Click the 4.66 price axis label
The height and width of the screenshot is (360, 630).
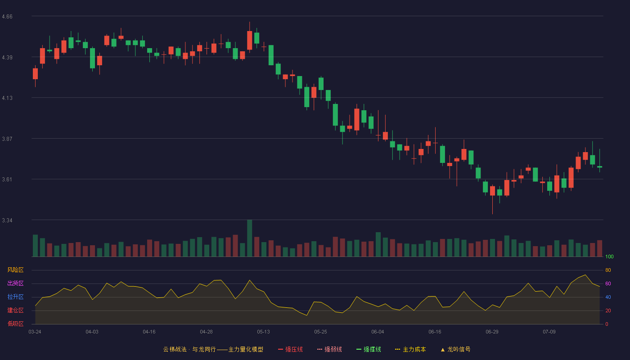[x=7, y=17]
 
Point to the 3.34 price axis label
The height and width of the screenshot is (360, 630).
[x=7, y=220]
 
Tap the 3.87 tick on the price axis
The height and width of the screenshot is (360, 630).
[x=7, y=139]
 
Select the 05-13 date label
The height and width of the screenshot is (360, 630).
[x=263, y=332]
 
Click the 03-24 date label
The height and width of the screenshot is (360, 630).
[x=35, y=332]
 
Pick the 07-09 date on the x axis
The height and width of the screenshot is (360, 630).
[x=549, y=332]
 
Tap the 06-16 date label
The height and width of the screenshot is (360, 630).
[x=435, y=332]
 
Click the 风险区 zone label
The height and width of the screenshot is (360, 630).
[x=15, y=270]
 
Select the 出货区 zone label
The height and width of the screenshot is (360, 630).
[x=15, y=283]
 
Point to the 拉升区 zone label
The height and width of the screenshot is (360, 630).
[x=15, y=297]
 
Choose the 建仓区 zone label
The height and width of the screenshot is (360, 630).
[x=15, y=310]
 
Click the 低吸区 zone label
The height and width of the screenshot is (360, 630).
[x=15, y=324]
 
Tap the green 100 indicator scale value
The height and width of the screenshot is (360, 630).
[x=609, y=256]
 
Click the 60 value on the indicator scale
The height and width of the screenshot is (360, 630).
[x=608, y=283]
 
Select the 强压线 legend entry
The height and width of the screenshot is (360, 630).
[x=290, y=349]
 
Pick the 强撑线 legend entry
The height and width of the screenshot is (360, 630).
[x=369, y=349]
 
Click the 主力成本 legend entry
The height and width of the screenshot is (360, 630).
[x=410, y=349]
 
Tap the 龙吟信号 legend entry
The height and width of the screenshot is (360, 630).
[x=455, y=349]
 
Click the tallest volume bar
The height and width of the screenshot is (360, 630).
[x=249, y=238]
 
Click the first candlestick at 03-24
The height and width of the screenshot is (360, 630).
[x=35, y=74]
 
